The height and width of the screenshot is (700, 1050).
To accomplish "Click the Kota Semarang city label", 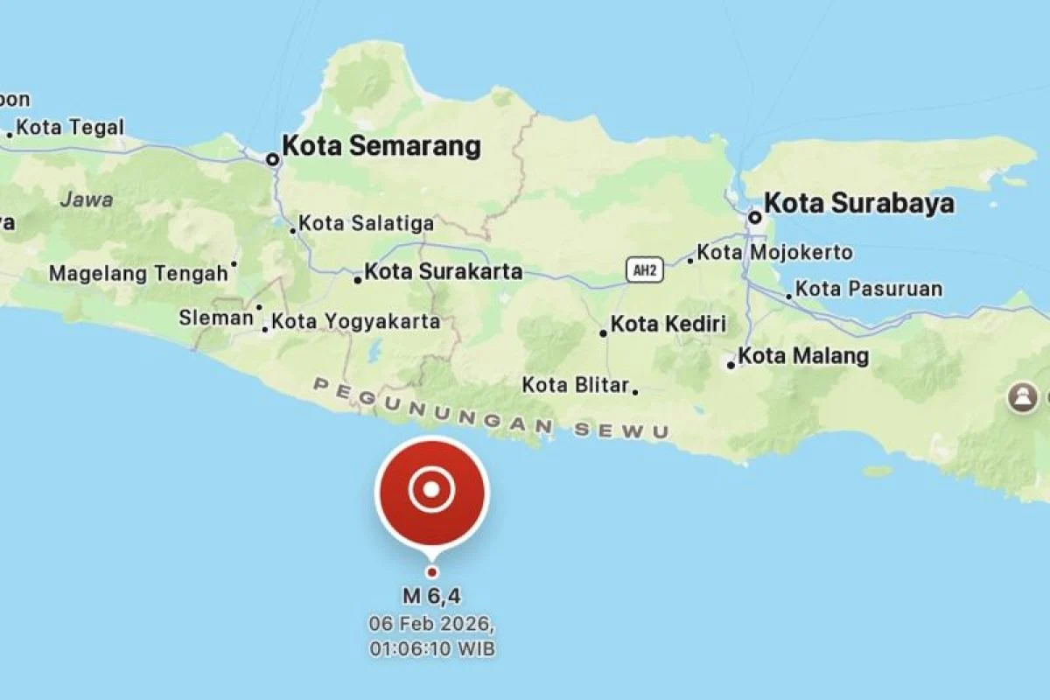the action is point(381,146).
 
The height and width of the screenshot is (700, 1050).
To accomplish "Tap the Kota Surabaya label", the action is point(858,203).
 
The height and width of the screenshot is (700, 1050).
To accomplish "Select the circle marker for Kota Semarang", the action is point(273,159).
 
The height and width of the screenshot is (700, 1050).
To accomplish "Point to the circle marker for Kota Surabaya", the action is point(754,216).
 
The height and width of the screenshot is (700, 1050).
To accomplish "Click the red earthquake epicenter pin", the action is point(432,492).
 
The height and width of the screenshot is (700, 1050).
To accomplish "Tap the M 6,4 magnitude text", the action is point(431,597).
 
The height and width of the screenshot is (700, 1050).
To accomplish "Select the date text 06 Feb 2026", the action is point(431,626).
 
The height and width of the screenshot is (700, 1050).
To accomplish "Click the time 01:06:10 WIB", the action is point(431,649).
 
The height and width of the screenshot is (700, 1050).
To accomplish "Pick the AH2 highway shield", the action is point(645,270).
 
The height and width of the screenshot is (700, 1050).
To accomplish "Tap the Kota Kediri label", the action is point(668,325).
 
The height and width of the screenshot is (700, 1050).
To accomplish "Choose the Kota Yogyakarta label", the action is point(355,322).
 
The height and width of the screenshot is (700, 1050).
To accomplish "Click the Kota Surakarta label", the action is point(443,271).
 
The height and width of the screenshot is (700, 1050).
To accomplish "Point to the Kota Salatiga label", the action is point(366,224).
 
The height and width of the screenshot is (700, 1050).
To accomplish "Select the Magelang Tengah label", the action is point(137,274).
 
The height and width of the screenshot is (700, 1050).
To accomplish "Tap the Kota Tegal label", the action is point(70,128).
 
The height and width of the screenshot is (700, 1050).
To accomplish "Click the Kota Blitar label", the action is point(576,385).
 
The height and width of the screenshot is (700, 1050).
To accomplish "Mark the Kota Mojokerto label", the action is point(775,253).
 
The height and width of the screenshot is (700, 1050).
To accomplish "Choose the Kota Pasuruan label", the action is point(869,289).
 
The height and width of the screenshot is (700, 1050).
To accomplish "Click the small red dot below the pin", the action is point(431,572).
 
